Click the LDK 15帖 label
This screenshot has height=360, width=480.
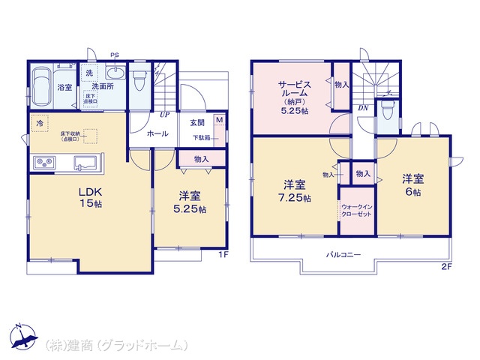(x=89, y=197)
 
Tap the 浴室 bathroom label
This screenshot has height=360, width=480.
(x=64, y=88)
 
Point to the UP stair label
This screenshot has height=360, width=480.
(x=163, y=115)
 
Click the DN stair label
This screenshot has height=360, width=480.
(x=362, y=108)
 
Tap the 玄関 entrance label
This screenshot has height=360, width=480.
(x=196, y=122)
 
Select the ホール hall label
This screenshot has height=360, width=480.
(x=157, y=133)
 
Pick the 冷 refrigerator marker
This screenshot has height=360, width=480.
(x=37, y=122)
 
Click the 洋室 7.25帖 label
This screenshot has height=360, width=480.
(x=292, y=190)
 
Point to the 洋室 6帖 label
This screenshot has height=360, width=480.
(x=413, y=184)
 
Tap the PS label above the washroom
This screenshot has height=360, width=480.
(x=115, y=55)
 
